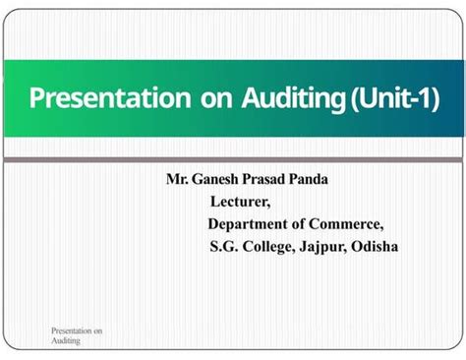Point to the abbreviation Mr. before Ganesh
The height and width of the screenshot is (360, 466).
[177, 179]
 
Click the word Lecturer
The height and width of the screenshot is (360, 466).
[241, 202]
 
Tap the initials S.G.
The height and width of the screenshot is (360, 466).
[224, 246]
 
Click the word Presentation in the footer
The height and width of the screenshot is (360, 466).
[72, 332]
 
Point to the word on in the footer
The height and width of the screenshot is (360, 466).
[98, 332]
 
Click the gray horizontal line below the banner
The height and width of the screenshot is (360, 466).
[233, 159]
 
